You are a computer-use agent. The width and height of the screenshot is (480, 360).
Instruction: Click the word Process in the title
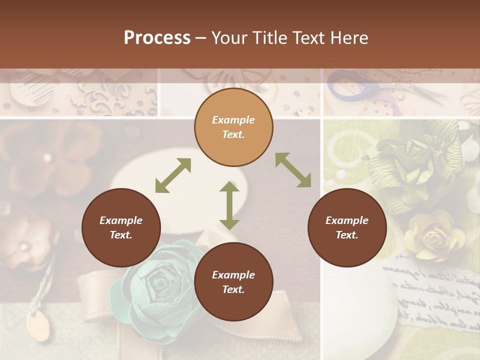tap(157, 38)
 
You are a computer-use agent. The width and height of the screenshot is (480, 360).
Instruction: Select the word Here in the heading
tap(349, 38)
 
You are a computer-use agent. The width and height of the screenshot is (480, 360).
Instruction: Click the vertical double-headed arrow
tap(229, 205)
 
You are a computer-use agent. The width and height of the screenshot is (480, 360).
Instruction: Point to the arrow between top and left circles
tap(173, 175)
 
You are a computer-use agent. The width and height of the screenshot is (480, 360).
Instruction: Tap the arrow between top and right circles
tap(293, 170)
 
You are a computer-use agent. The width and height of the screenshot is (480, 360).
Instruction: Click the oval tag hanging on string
tap(37, 325)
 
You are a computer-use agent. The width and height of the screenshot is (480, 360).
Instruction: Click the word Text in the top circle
tap(233, 134)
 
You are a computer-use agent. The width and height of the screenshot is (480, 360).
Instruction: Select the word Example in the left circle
tap(121, 220)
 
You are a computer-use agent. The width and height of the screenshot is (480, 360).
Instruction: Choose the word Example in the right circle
tap(347, 220)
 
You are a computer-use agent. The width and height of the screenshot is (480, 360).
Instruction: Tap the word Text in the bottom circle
tap(233, 289)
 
